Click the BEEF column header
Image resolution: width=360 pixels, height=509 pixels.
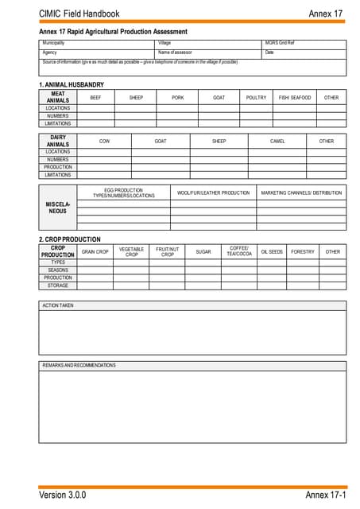coord(95,98)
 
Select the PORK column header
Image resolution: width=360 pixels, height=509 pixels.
coord(177,98)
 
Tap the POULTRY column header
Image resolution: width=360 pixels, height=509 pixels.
coord(256,98)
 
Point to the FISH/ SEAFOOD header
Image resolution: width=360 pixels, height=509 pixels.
coord(294,98)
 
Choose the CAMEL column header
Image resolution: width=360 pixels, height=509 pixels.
coord(277,142)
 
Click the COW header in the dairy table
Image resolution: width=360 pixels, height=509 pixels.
coord(104,142)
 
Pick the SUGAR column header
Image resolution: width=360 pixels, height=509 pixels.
coord(203,252)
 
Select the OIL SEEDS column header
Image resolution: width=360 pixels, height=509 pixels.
coord(272,252)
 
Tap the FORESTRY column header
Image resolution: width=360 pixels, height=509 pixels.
coord(303,252)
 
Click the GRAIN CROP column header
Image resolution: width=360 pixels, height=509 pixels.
coord(95,252)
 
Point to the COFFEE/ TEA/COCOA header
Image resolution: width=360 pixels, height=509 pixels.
coord(238,251)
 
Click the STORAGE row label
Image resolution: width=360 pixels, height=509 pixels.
coord(58,286)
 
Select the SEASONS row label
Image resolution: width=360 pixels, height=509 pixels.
coord(58,270)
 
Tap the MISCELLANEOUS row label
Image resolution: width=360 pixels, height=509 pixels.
coord(57,208)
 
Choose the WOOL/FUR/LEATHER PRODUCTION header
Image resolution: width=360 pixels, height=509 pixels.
coord(213,192)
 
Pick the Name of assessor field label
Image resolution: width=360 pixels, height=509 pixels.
coord(176,52)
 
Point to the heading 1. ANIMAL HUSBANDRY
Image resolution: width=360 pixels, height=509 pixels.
coord(71,84)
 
